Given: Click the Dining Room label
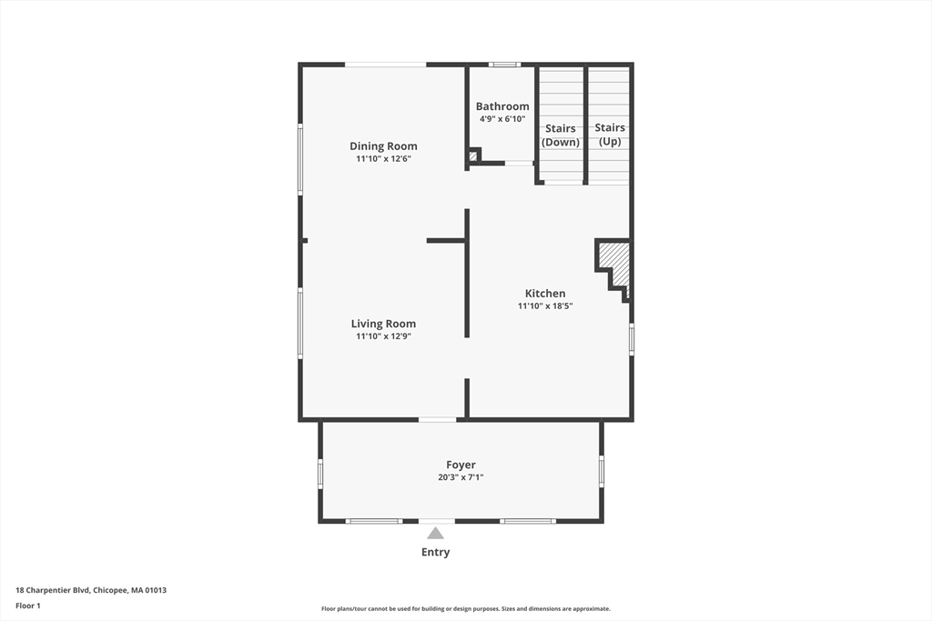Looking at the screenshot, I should [x=383, y=145].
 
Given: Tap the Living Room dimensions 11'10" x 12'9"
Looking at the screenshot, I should [x=383, y=336].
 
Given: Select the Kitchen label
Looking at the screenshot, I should [x=545, y=293].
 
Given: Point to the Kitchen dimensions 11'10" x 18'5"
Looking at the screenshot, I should [x=545, y=306].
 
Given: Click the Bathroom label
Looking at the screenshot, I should [x=502, y=106].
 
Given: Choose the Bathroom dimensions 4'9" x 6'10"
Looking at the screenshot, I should [x=502, y=119].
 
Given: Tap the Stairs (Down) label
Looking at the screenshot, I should [x=561, y=135].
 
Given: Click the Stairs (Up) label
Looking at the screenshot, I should [x=610, y=135].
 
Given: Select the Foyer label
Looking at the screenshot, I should [x=461, y=465].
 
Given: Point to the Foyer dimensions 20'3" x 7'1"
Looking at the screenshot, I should [x=461, y=477].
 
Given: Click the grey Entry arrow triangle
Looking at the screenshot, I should [x=436, y=534].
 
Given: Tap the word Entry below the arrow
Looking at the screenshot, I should [x=435, y=552].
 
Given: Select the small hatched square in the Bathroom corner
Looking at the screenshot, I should [x=473, y=156].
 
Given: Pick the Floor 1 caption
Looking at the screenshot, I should [x=28, y=606].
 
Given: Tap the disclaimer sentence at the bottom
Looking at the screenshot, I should [x=465, y=609].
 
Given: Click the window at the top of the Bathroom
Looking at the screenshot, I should [x=503, y=65].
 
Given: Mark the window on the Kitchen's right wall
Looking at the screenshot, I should [x=632, y=339].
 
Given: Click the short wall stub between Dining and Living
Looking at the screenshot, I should [x=446, y=240].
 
